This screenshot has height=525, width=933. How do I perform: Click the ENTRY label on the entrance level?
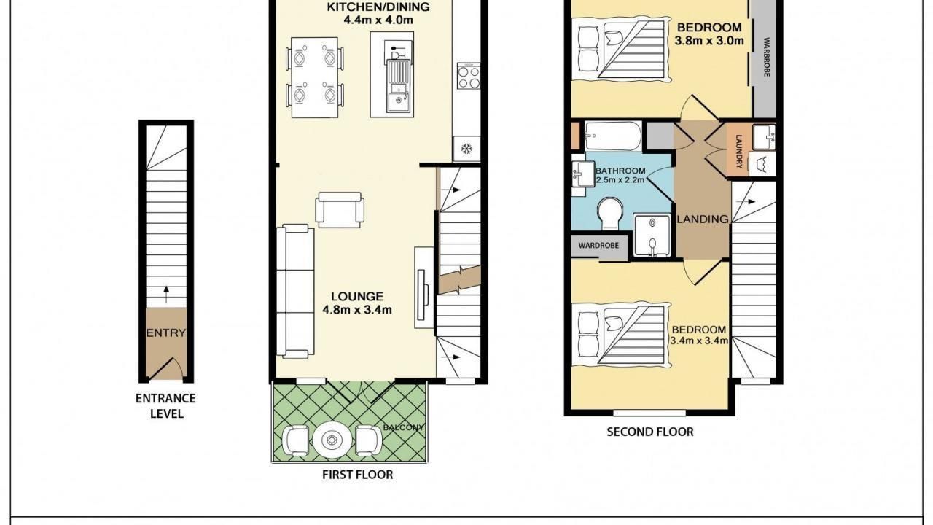(165, 333)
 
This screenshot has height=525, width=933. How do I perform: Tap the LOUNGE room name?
(357, 296)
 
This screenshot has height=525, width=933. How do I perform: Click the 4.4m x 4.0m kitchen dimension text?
(378, 20)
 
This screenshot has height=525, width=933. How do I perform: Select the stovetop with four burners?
(469, 76)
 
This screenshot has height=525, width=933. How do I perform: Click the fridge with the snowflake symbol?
(466, 148)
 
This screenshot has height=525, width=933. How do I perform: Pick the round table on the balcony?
(332, 440)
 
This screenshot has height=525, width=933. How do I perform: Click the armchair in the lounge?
(340, 209)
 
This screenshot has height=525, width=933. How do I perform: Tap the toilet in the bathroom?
(610, 213)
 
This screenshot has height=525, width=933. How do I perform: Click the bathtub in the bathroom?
(613, 136)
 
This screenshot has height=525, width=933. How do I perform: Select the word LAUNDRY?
(739, 151)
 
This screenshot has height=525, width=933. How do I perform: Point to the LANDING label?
(703, 219)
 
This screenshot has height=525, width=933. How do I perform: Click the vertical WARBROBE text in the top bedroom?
(766, 58)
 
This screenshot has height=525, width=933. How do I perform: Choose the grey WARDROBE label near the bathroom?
(598, 246)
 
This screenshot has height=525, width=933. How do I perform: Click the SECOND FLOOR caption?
(650, 432)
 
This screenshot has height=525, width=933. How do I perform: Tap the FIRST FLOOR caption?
(357, 475)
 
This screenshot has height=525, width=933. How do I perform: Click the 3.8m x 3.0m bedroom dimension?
(709, 40)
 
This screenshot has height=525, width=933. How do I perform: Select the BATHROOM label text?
(620, 171)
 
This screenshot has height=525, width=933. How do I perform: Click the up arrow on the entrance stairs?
(166, 294)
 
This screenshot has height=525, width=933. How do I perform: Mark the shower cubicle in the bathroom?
(652, 235)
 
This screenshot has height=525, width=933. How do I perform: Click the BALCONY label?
(403, 427)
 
